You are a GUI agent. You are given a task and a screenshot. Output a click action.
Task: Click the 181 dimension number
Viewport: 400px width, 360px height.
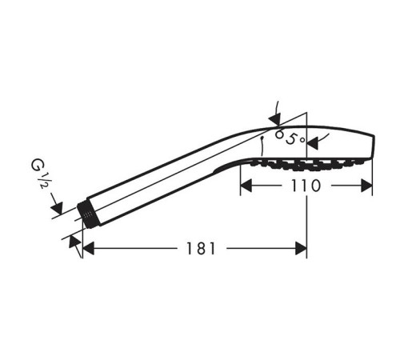tap(201, 249)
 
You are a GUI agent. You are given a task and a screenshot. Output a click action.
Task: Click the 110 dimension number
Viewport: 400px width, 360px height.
tap(306, 186)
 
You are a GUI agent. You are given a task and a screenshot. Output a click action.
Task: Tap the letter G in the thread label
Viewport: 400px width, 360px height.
tap(37, 165)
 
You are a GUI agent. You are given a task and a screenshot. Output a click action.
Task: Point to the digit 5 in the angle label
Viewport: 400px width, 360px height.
tap(292, 139)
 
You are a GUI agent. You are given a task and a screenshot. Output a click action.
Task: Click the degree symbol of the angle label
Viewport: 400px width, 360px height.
tap(302, 140)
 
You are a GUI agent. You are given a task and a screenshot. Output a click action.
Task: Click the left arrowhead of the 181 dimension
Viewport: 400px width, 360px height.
tap(88, 249)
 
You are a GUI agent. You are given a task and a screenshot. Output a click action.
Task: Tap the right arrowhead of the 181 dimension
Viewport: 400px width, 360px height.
tap(301, 249)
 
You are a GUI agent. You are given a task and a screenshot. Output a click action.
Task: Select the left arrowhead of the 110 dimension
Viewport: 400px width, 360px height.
tap(246, 186)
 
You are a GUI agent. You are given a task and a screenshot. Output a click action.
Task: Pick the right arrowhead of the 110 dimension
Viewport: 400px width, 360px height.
tap(366, 186)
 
